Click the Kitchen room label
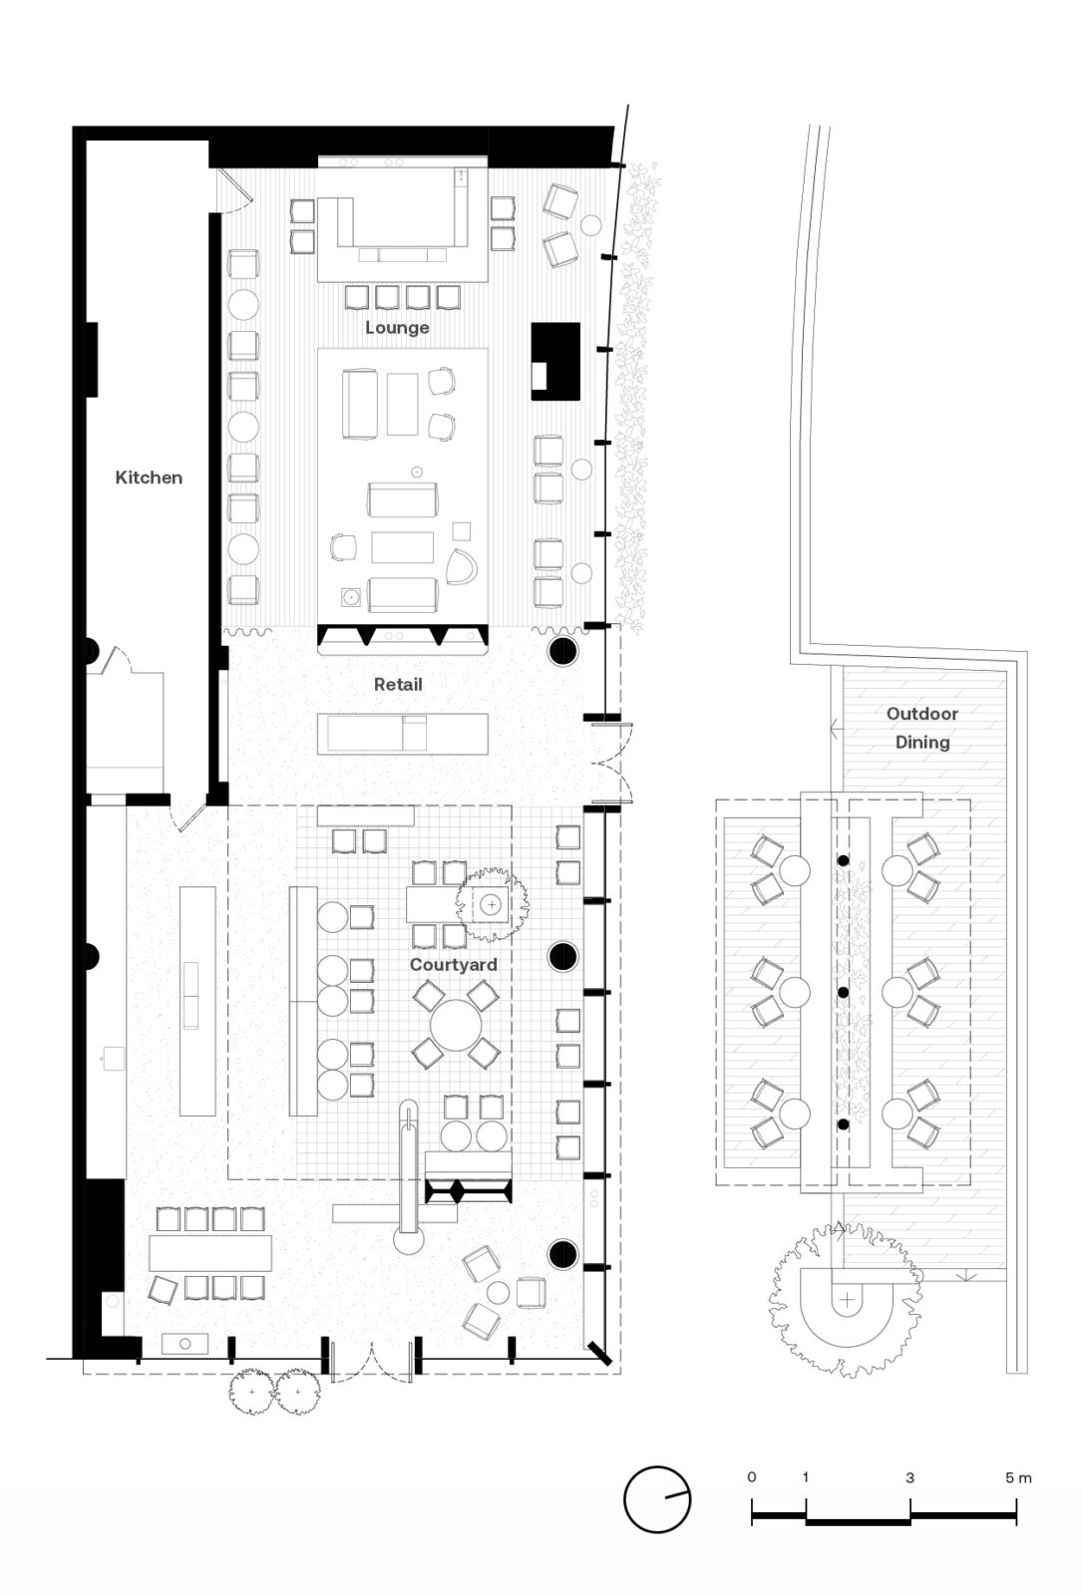[149, 478]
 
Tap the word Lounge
[397, 328]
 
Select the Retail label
[398, 684]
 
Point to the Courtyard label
[453, 965]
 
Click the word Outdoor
[922, 714]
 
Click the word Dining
[922, 743]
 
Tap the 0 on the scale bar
[752, 1476]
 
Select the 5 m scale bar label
[1018, 1477]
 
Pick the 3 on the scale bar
[909, 1477]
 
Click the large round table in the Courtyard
[456, 1026]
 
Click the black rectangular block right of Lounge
[555, 361]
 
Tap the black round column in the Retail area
[562, 650]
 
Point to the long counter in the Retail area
[403, 734]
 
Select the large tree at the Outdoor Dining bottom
[846, 1300]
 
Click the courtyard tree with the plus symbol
[492, 904]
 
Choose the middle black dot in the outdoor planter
[843, 993]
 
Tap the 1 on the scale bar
[806, 1477]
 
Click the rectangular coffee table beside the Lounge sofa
[403, 403]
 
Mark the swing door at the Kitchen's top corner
[235, 189]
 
